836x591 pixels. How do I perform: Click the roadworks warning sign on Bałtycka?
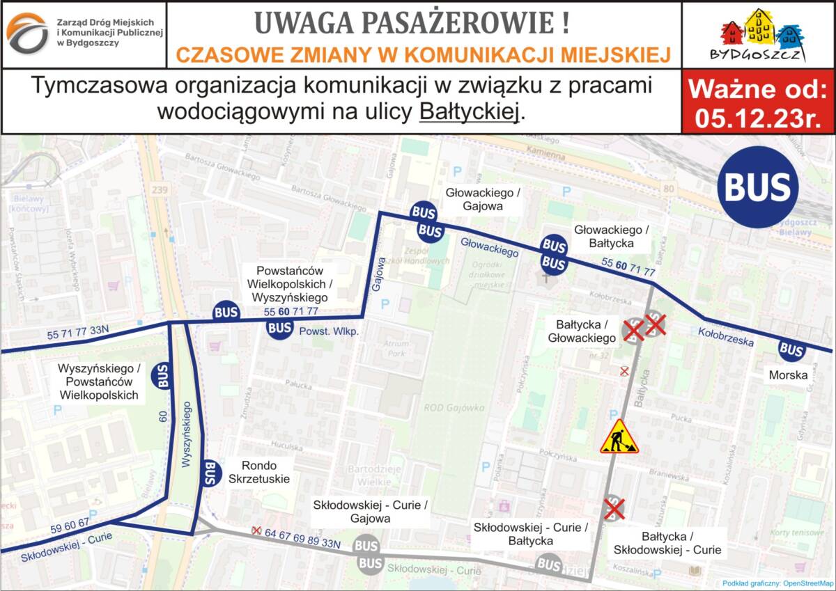(618, 438)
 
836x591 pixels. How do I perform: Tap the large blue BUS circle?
(758, 187)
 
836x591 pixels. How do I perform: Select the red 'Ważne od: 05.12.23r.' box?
(758, 101)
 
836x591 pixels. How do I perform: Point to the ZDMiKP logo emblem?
(27, 34)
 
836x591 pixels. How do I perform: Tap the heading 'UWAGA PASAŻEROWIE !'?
(412, 23)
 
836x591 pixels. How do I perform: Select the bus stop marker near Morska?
(791, 349)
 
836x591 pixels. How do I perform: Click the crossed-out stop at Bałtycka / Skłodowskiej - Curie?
(613, 509)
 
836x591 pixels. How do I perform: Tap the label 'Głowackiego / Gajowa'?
(474, 199)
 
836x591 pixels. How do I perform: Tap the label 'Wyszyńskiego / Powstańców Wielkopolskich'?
(100, 381)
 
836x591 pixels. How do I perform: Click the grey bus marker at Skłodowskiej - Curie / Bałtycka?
(549, 564)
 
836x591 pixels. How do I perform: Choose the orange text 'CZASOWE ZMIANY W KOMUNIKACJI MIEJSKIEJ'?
(424, 54)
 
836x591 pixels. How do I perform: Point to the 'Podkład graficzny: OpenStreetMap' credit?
(777, 583)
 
